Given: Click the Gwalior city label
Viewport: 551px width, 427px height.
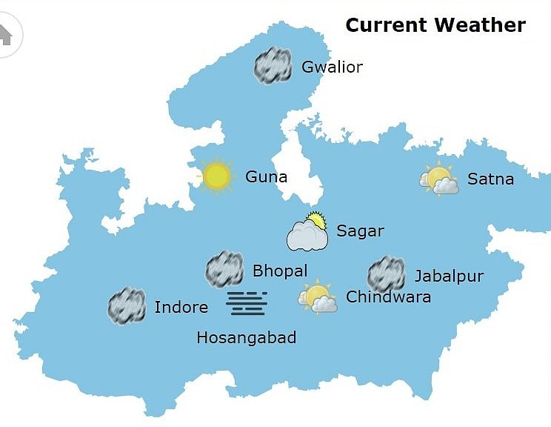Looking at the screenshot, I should (332, 67).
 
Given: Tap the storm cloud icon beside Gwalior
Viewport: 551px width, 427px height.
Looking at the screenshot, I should (273, 66).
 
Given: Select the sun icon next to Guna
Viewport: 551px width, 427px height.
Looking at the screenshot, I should (216, 176).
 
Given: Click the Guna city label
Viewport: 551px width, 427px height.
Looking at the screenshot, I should (266, 178).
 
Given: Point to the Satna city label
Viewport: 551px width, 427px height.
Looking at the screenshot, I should (490, 179).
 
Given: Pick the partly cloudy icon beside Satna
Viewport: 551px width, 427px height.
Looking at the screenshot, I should (439, 179).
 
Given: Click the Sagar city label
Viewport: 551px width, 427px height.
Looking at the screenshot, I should (360, 231).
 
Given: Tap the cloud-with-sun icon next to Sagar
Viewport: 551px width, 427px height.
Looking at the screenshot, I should (308, 231).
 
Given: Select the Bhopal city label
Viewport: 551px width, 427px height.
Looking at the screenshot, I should (279, 271).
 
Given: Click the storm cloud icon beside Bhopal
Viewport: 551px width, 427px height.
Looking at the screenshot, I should (224, 269).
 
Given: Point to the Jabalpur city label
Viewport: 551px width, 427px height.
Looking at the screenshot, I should (449, 277).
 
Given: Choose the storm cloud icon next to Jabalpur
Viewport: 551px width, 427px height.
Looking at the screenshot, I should (386, 274).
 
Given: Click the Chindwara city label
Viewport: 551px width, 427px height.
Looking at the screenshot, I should (388, 298).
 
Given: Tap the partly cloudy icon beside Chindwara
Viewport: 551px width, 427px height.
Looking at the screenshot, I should (318, 297).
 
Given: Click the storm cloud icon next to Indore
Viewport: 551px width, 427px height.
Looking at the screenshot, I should (127, 306).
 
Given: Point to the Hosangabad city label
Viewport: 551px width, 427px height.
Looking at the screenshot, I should (246, 338).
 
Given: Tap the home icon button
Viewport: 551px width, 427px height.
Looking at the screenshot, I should (6, 35).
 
